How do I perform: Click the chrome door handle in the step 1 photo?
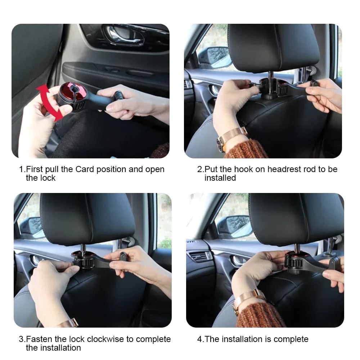124,36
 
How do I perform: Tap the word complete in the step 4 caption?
291,339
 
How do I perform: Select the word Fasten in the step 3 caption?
39,339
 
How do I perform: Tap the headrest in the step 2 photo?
273,47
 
